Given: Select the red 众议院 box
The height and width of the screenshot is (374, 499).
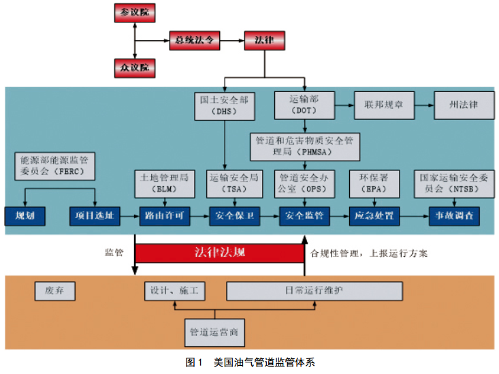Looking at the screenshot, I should click(x=135, y=67).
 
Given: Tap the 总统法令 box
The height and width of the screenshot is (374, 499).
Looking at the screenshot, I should click(x=195, y=40).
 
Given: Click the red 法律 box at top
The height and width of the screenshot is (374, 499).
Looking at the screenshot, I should click(x=263, y=40).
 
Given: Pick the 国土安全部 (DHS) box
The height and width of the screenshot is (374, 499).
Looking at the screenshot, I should click(x=224, y=105).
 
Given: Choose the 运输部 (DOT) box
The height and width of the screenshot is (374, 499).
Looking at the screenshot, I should click(x=304, y=105).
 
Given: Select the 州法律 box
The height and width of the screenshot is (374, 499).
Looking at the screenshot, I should click(x=463, y=105).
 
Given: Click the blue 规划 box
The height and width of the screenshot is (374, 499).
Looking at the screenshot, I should click(x=25, y=217).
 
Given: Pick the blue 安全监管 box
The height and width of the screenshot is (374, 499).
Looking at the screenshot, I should click(x=304, y=217).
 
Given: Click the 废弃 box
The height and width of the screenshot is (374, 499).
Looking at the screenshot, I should click(x=55, y=291).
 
